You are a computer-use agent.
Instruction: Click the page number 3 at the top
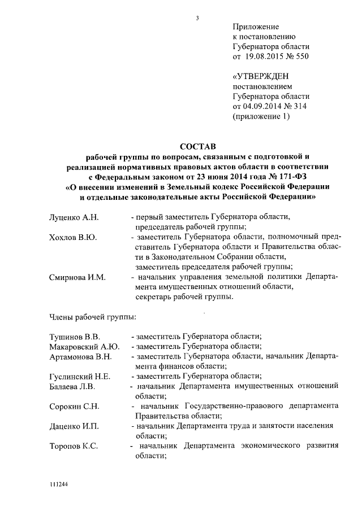tap(197, 18)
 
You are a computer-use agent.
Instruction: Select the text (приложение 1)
tap(261, 117)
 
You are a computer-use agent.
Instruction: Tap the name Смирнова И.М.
tap(77, 277)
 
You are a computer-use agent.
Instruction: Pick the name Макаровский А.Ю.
tap(83, 347)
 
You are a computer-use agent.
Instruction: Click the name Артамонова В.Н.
tap(81, 357)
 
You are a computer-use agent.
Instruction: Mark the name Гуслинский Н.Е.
tap(79, 377)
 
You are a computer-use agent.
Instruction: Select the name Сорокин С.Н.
tap(75, 407)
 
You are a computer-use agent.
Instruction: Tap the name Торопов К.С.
tap(74, 446)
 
